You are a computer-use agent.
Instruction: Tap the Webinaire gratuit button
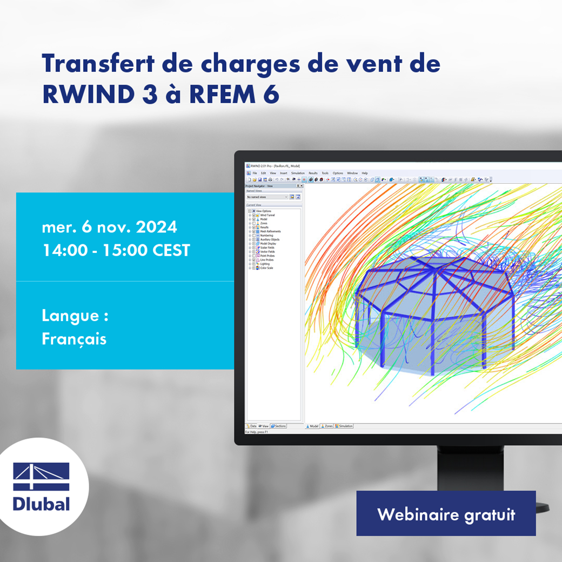[446, 514]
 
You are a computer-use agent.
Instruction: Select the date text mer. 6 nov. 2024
[109, 227]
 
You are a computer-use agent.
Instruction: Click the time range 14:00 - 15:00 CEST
[116, 251]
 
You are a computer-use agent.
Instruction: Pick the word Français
[74, 339]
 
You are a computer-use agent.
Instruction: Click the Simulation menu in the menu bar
[298, 173]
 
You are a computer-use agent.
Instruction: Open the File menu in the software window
[255, 173]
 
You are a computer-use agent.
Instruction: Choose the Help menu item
[365, 173]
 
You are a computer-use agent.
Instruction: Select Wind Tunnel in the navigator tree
[267, 215]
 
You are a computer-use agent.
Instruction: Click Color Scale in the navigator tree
[266, 268]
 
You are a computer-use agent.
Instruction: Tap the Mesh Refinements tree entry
[270, 231]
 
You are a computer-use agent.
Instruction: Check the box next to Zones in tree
[254, 223]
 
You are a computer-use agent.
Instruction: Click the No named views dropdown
[267, 197]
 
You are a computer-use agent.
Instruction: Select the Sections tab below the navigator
[279, 426]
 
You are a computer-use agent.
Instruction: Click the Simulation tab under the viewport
[344, 426]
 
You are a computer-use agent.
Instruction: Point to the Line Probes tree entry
[266, 260]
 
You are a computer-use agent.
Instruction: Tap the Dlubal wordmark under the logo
[42, 504]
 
